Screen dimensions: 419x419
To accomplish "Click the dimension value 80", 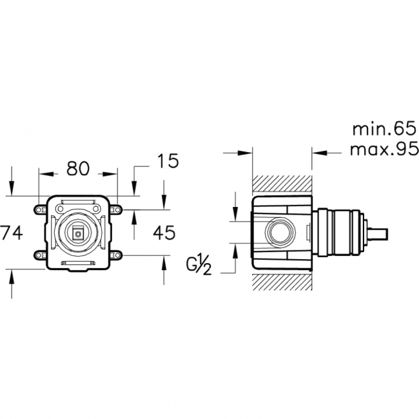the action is (78, 169).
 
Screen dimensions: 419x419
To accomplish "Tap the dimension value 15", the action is (168, 161).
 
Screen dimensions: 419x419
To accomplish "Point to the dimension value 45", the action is (164, 233).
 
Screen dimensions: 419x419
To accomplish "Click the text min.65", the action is (385, 129).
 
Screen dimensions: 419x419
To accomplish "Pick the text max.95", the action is (384, 149).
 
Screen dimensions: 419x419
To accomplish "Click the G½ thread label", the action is (199, 266).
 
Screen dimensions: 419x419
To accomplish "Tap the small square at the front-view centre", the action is (78, 234).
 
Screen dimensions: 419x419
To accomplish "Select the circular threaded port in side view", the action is (280, 232).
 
